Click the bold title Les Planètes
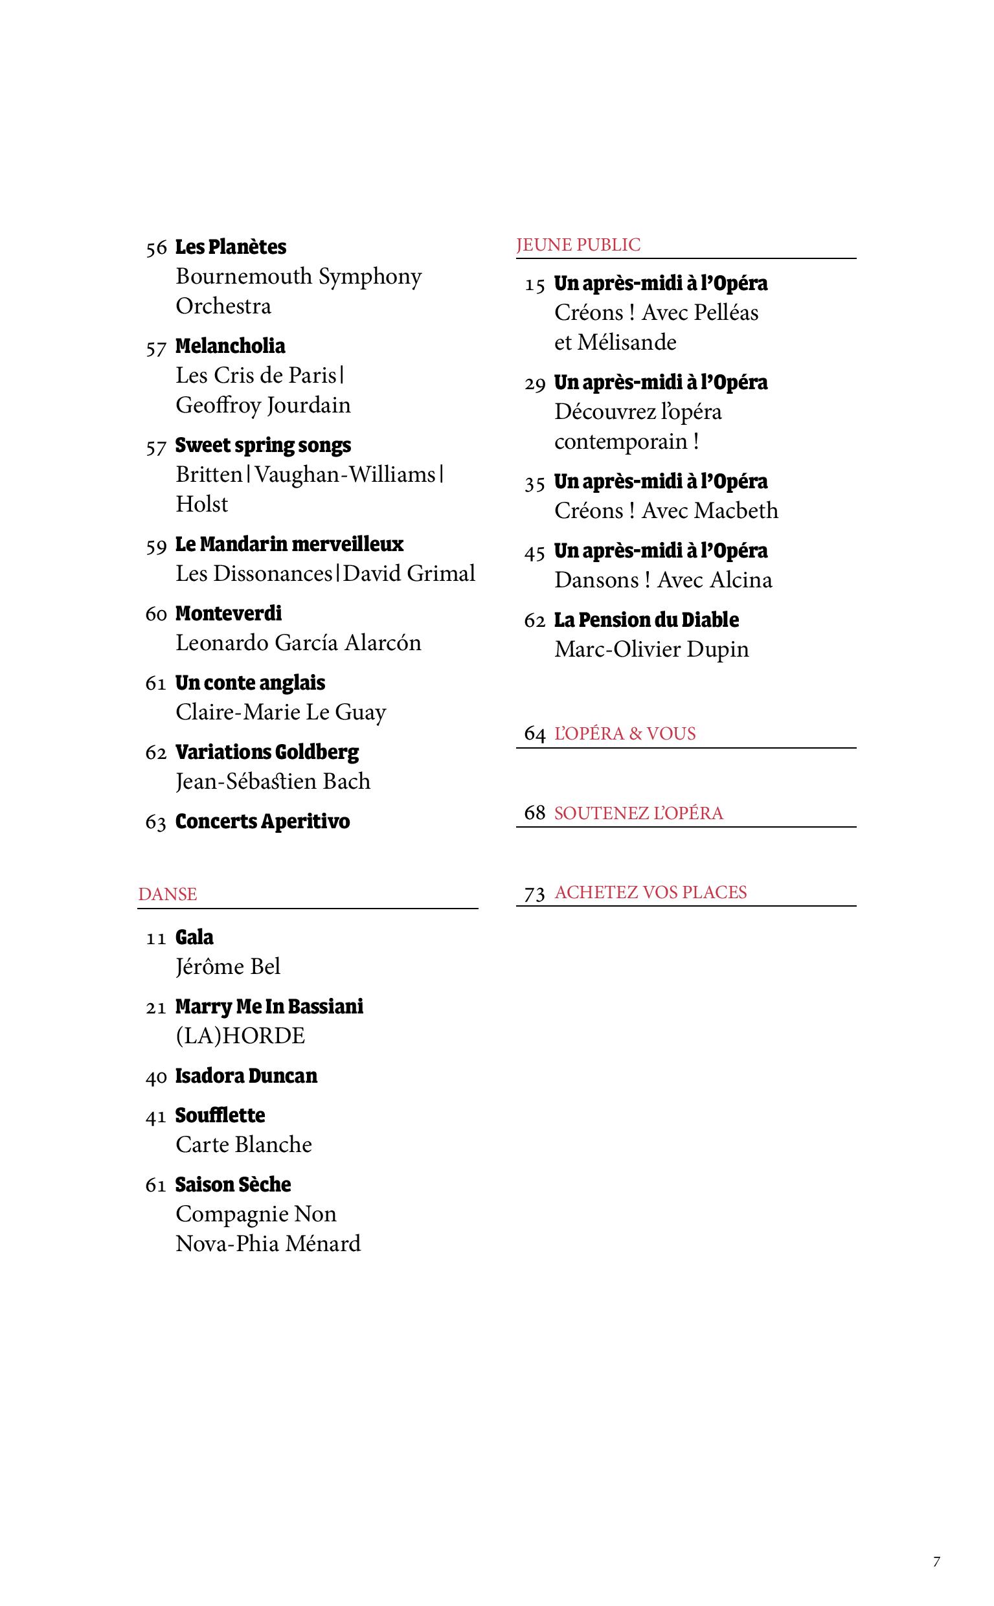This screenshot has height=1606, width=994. (x=230, y=247)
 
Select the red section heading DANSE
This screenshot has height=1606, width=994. (x=168, y=894)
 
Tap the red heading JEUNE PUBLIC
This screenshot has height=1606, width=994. (x=578, y=245)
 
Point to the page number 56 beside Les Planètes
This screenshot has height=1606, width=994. (x=157, y=249)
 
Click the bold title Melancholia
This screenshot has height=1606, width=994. (x=230, y=346)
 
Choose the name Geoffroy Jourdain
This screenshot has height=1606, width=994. (x=263, y=405)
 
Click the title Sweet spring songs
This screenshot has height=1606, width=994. (x=263, y=446)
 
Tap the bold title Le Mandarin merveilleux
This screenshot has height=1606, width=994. (x=289, y=545)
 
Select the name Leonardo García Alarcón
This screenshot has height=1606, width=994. (x=298, y=643)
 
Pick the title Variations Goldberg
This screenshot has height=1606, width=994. (x=267, y=752)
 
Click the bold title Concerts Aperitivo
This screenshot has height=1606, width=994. (x=262, y=822)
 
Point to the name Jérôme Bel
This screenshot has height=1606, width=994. (x=227, y=966)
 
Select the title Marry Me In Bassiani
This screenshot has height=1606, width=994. (x=269, y=1006)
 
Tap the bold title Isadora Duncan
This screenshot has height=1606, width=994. (x=246, y=1076)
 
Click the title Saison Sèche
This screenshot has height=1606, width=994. (x=232, y=1184)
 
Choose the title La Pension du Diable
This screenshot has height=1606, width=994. (x=646, y=620)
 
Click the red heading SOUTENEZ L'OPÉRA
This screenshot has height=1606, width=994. (x=638, y=813)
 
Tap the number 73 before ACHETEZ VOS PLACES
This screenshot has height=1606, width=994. (x=534, y=894)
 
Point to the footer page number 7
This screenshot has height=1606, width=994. (x=936, y=1562)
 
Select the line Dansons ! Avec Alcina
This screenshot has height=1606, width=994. (x=662, y=580)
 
